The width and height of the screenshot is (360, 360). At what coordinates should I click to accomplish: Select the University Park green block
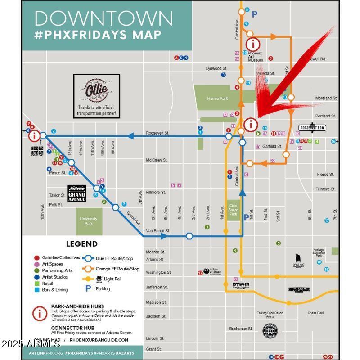[x=89, y=221]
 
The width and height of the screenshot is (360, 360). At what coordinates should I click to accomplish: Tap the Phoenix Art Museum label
[x=255, y=57]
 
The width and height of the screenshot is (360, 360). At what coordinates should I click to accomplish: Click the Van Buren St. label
[x=157, y=231]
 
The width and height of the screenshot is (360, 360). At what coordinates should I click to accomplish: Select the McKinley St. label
[x=157, y=160]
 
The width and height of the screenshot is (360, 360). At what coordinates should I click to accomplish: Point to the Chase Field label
[x=315, y=313]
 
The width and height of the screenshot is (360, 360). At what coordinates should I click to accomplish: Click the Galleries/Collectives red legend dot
[x=37, y=258]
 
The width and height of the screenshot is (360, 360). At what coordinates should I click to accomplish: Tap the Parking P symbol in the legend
[x=88, y=288]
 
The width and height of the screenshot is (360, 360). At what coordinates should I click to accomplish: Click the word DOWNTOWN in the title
[x=103, y=18]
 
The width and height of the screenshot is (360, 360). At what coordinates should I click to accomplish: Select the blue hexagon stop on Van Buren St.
[x=189, y=236]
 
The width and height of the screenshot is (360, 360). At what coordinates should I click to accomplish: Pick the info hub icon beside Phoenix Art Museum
[x=253, y=44]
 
